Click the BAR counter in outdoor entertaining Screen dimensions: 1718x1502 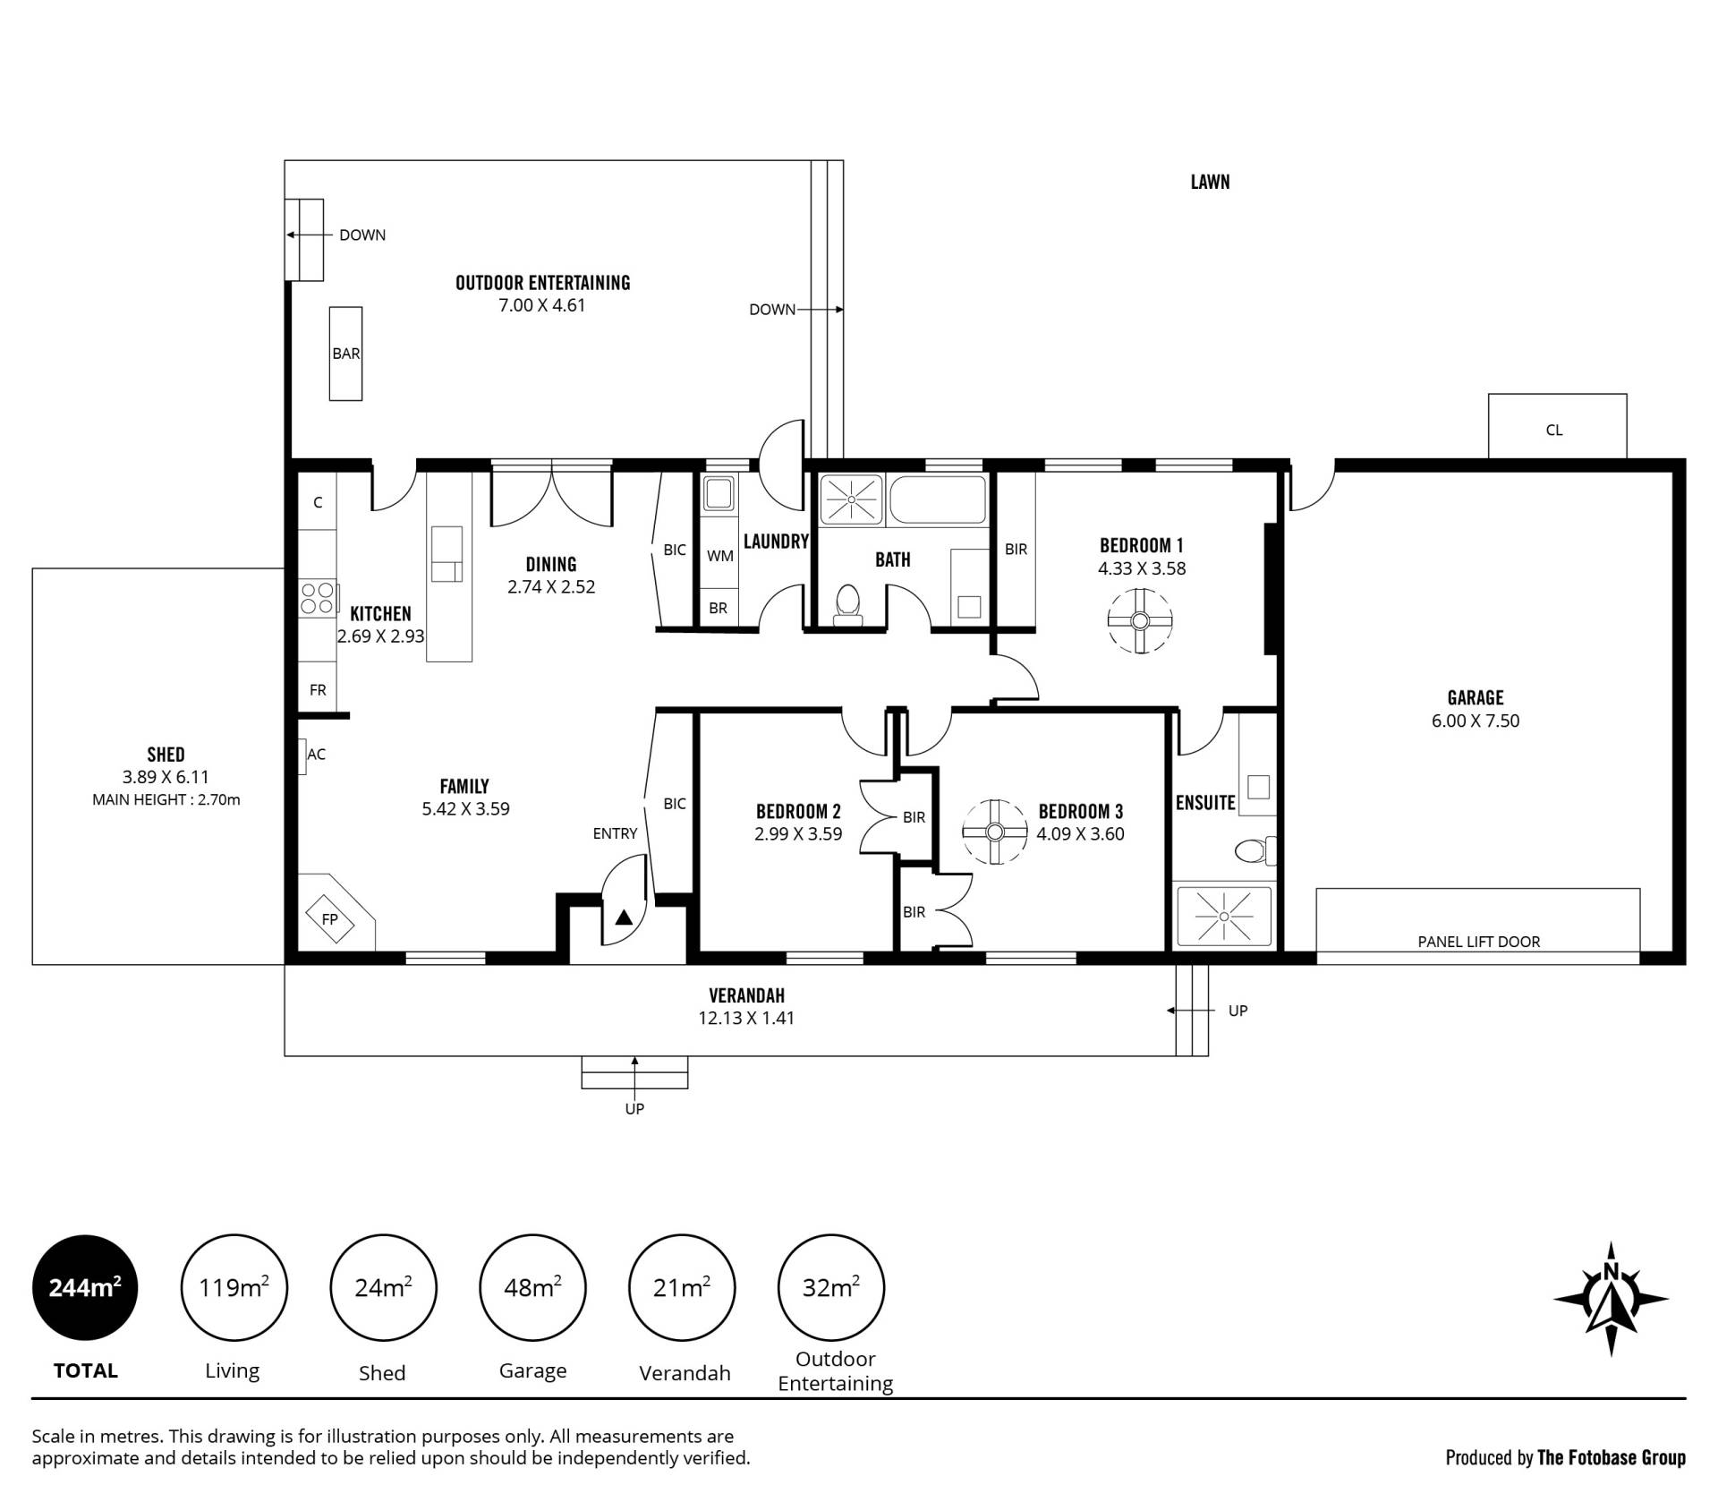345,354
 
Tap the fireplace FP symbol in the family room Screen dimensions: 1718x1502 330,918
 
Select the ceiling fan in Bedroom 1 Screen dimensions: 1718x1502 1140,620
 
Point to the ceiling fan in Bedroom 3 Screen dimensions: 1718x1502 995,832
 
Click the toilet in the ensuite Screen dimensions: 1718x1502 1255,849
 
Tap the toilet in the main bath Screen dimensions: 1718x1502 846,604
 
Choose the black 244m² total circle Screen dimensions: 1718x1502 85,1287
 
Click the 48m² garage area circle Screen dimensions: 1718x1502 532,1287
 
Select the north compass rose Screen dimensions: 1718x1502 1611,1298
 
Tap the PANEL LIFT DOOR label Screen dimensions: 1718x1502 1479,942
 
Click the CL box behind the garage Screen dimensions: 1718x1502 1557,427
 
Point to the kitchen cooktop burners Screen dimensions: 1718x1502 318,598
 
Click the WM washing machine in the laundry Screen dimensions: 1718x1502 719,555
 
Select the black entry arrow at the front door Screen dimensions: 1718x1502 624,917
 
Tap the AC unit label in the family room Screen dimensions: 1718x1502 316,755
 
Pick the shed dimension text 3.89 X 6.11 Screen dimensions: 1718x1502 166,777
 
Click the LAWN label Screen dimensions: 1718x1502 1210,182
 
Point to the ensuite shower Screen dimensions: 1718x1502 1223,916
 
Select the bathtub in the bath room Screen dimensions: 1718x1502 937,499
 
